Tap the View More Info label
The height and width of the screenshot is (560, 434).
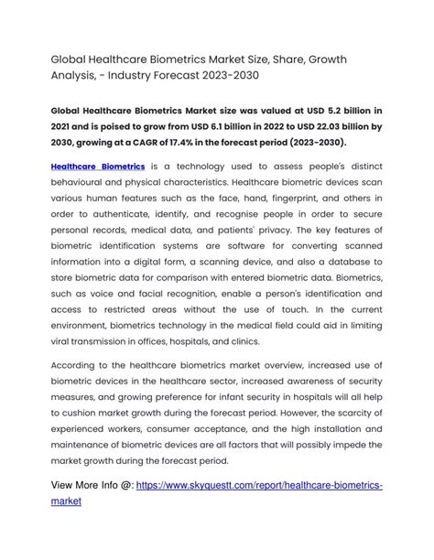pyautogui.click(x=92, y=485)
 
